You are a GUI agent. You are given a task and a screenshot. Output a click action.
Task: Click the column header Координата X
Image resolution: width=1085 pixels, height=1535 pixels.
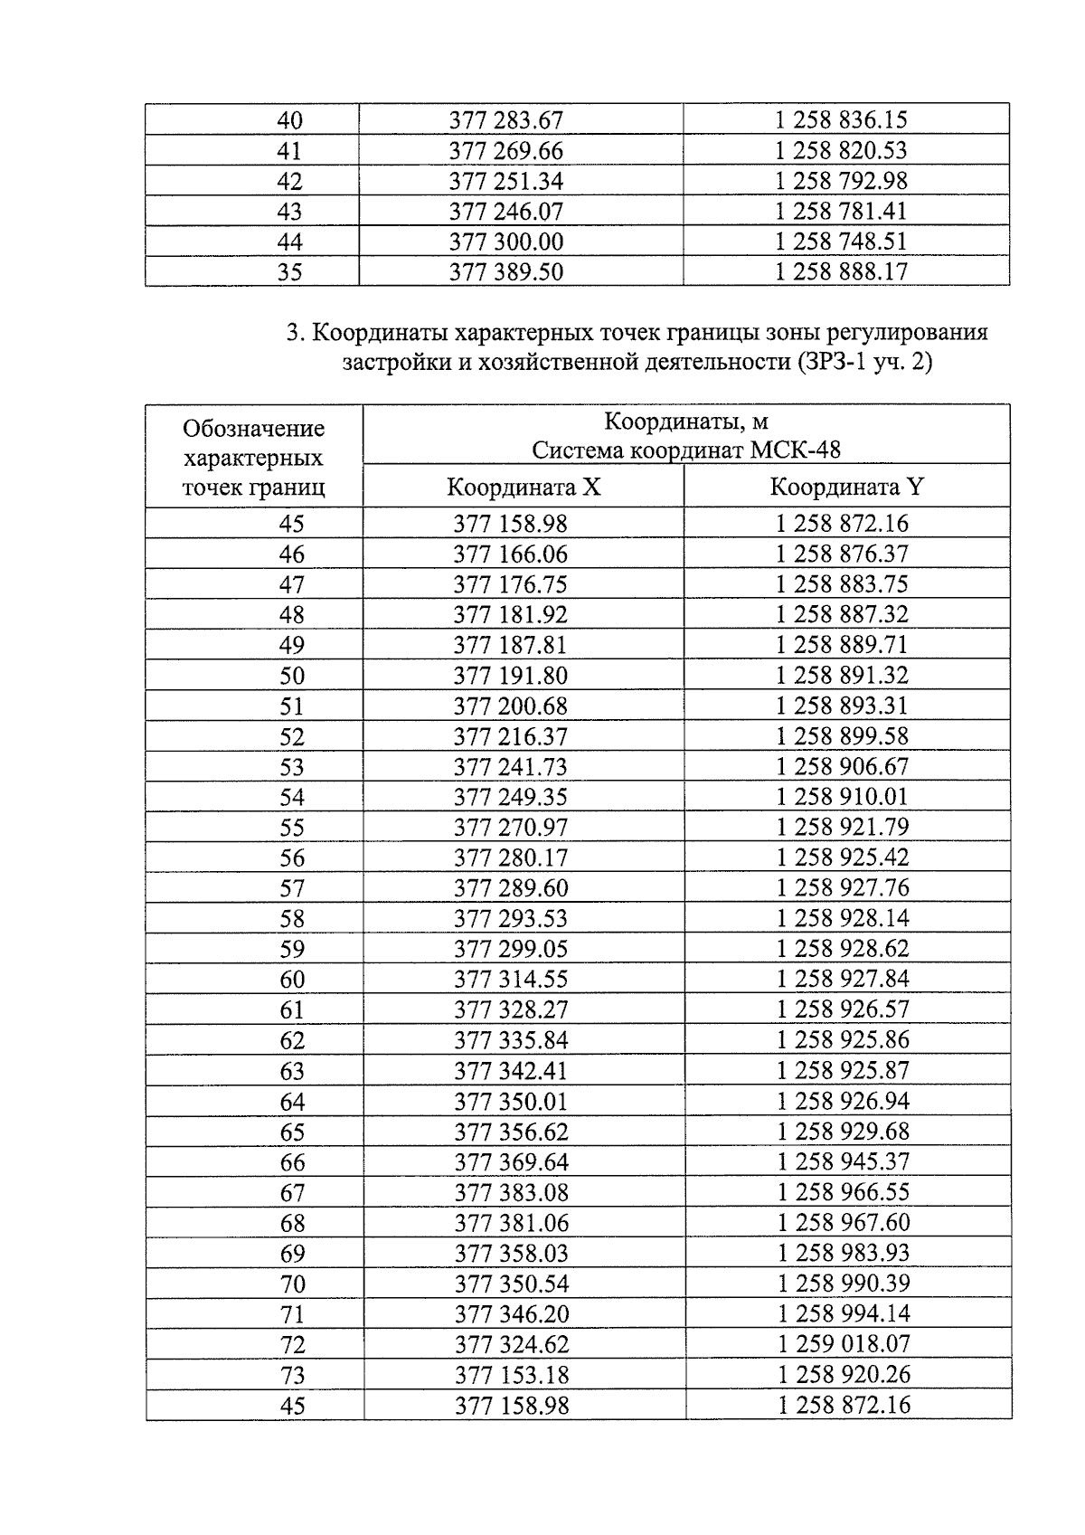tap(524, 488)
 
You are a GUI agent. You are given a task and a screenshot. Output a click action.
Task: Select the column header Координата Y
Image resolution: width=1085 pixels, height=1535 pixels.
tap(846, 488)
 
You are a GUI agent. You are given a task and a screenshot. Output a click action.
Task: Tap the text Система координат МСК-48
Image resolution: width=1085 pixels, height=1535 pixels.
tap(686, 450)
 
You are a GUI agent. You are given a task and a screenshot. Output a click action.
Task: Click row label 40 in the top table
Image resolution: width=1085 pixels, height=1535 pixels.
tap(289, 120)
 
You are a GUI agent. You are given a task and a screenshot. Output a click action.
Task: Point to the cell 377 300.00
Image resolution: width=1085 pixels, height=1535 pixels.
tap(506, 242)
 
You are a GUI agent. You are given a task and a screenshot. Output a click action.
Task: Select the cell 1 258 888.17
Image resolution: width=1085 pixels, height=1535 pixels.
tap(842, 271)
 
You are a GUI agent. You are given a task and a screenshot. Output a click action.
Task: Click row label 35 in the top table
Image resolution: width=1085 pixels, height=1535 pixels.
tap(289, 271)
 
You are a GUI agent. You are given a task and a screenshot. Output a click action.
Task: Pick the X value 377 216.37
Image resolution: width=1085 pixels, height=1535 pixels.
tap(511, 736)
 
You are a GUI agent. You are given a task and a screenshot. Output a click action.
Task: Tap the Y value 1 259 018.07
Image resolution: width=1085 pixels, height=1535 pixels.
tap(844, 1343)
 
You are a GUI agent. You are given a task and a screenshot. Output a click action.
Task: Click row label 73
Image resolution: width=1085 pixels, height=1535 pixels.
tap(292, 1375)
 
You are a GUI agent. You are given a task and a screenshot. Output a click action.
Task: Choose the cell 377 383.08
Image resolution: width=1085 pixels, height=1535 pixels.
tap(511, 1192)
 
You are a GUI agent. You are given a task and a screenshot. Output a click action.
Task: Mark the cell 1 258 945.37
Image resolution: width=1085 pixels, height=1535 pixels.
tap(844, 1161)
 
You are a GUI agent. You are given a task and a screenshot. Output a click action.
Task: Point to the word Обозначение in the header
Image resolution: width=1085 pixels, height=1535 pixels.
tap(253, 428)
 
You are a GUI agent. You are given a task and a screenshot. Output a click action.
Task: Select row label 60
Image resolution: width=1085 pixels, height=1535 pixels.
tap(292, 980)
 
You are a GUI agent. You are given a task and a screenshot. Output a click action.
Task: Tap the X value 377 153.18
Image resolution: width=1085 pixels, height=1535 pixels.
tap(511, 1375)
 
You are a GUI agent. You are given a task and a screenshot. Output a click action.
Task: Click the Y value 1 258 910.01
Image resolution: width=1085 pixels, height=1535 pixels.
tap(843, 797)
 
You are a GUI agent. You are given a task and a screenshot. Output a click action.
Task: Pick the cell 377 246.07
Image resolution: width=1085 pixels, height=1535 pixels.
tap(506, 212)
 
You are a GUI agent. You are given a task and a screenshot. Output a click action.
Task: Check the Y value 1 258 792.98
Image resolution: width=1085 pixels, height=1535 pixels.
tap(842, 181)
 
